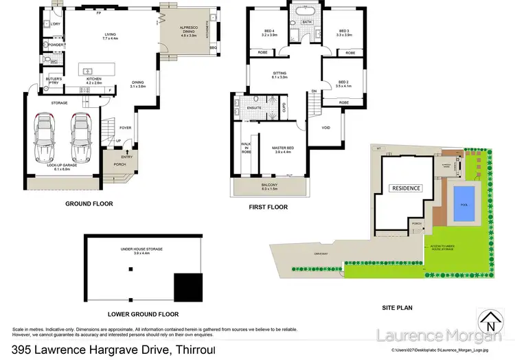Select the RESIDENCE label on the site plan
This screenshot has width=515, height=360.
(406, 188)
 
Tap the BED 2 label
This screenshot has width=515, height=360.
(343, 83)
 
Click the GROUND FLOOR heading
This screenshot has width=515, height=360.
(89, 204)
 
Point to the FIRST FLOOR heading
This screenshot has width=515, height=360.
(268, 207)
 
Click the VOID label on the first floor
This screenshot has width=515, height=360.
(326, 128)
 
